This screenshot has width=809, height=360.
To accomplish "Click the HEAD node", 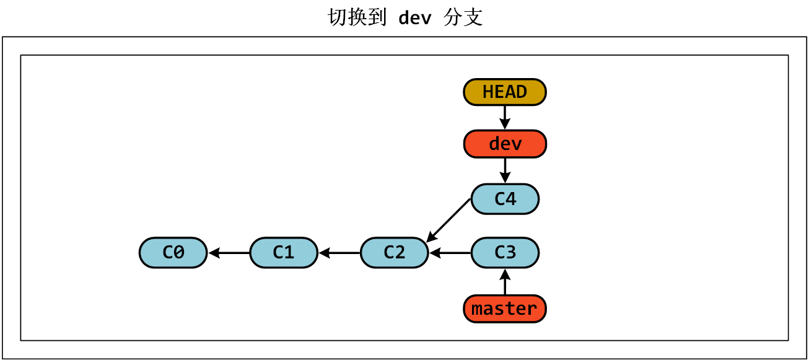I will coord(505,92).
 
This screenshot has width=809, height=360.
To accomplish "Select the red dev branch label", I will coord(505,144).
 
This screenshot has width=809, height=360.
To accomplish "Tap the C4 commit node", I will coord(505,199).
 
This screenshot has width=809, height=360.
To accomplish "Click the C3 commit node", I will coord(505,253).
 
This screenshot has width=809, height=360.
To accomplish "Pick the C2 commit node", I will coord(394,253).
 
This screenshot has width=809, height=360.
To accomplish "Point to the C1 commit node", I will coord(284,253).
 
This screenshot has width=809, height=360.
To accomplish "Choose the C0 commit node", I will coord(173,253).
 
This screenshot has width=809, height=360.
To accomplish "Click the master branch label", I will coord(505,309).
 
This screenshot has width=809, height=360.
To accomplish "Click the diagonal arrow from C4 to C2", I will coord(450,219).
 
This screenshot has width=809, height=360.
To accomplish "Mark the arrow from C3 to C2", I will coord(450,253).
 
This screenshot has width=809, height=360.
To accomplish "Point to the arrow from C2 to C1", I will coord(339,253).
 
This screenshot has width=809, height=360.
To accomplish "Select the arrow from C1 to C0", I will coord(229,253).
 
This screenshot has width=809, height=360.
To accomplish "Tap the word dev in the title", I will coord(414,18).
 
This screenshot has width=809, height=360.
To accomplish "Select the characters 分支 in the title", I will coord(463,18).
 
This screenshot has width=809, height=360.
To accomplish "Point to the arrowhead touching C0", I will coord(214,253).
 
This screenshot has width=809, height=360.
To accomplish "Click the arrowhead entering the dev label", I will coord(505,126).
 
